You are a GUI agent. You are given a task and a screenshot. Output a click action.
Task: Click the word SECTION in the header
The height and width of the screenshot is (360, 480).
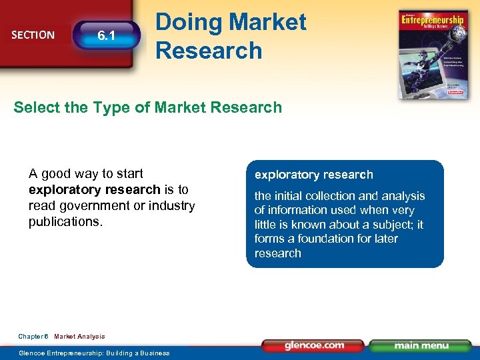(x=33, y=35)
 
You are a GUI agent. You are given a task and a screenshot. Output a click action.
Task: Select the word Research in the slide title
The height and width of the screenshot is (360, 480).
(x=209, y=50)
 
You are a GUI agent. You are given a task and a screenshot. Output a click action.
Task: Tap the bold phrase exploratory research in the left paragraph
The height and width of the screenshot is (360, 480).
(x=95, y=190)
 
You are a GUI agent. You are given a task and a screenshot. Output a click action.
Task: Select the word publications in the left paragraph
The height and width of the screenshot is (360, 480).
(x=65, y=222)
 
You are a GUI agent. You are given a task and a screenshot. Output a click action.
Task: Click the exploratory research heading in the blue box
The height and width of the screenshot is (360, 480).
(x=313, y=175)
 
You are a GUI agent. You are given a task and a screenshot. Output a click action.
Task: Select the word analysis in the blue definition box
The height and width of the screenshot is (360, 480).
(x=402, y=196)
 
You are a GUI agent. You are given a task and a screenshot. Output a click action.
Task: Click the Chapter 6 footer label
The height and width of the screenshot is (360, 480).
(x=33, y=337)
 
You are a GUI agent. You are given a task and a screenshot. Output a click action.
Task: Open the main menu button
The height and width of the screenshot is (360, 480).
(x=421, y=345)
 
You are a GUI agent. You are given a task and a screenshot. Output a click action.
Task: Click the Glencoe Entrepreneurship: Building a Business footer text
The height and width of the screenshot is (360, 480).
(x=94, y=353)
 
